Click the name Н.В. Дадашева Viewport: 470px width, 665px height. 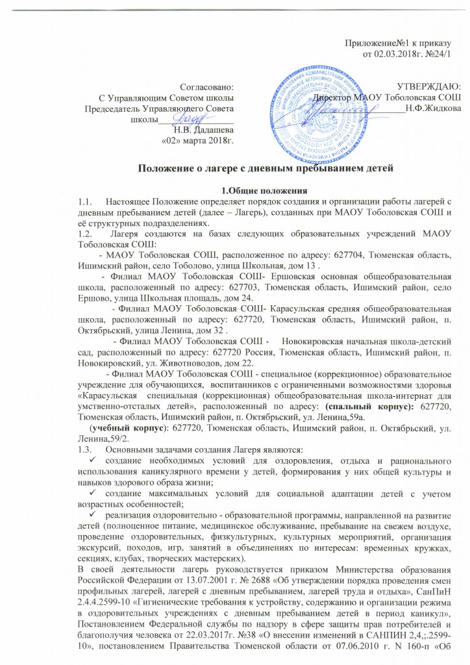[204, 128]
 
